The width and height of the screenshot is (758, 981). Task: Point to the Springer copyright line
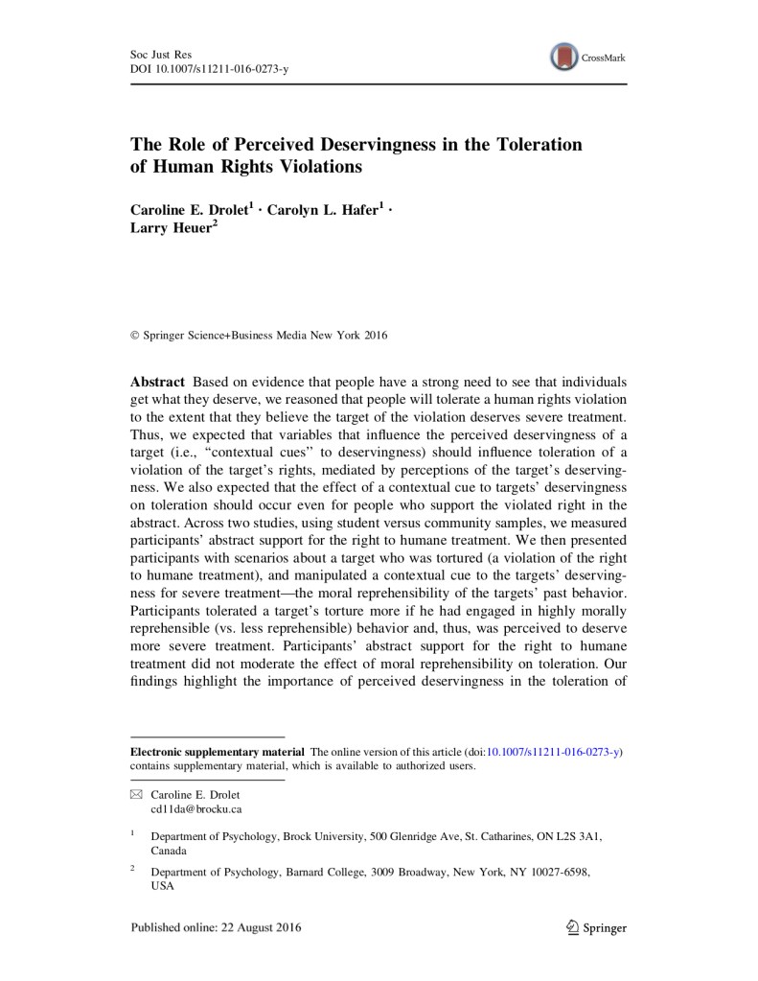click(x=259, y=336)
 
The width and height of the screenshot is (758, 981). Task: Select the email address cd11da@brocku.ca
click(x=190, y=809)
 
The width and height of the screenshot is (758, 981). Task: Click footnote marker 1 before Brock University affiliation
click(x=133, y=834)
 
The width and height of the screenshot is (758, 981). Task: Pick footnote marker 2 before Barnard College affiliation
click(x=133, y=871)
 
